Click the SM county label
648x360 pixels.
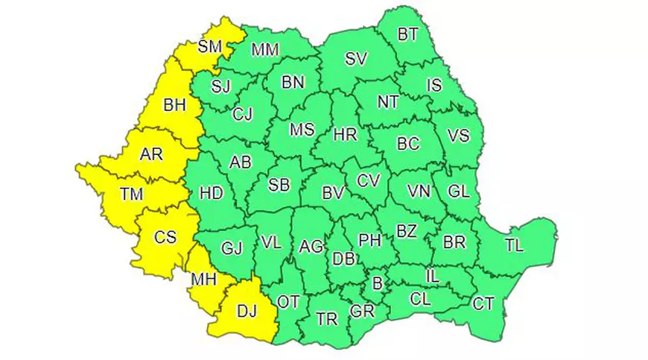coord(210,47)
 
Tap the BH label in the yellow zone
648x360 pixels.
coord(174,106)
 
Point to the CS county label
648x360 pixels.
coord(165,237)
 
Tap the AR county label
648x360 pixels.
coord(153,156)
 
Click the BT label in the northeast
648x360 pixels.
coord(407,34)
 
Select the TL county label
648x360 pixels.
coord(514,244)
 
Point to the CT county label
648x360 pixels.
coord(483,303)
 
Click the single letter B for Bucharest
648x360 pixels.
coord(377,282)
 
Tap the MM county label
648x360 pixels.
coord(264,50)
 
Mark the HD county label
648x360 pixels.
coord(212,194)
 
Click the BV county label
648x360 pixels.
coord(332,193)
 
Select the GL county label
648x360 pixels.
coord(458,192)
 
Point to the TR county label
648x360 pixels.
coord(326,319)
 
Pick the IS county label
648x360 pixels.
coord(433,86)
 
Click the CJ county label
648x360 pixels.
coord(243,115)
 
